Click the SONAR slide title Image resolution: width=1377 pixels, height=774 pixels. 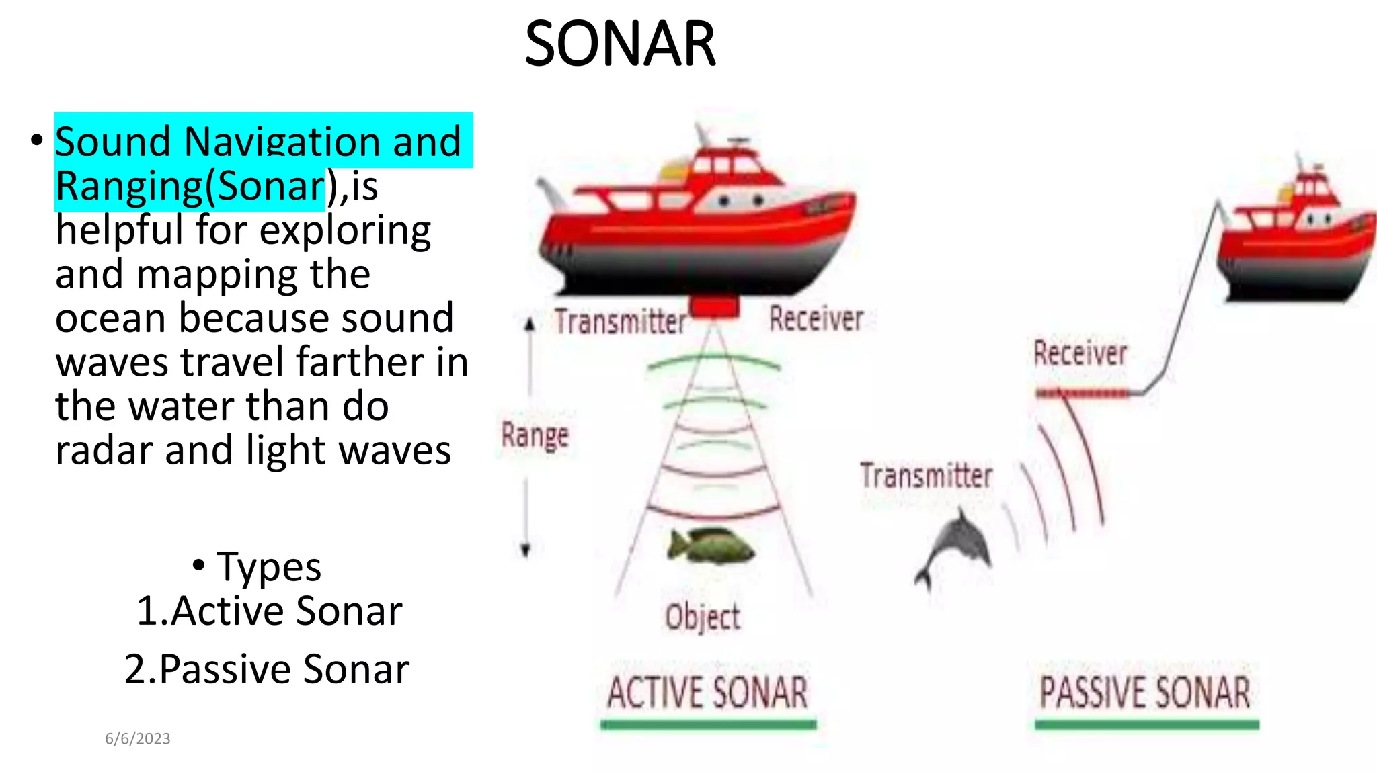coord(620,44)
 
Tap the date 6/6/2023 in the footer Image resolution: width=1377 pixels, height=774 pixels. coord(138,738)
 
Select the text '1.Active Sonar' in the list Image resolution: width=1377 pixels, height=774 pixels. coord(269,611)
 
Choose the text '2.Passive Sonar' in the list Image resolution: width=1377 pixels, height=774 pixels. coord(267,669)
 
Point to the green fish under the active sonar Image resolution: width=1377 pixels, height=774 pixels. coord(711,546)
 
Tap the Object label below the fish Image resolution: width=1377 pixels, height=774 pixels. coord(703,617)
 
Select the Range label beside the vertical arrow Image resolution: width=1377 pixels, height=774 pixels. coord(535,435)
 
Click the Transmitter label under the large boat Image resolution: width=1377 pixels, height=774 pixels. coord(620,321)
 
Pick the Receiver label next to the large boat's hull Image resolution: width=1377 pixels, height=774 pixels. coord(816,319)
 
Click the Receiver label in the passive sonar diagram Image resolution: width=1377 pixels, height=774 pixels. coord(1080,353)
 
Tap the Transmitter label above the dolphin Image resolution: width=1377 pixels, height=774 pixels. coord(926,476)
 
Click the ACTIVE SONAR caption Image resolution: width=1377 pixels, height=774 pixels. coord(707,693)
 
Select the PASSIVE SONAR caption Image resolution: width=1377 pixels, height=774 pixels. coord(1145,693)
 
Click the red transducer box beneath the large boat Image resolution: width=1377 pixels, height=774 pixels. coord(715,308)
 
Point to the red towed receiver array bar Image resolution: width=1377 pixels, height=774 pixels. coord(1083,393)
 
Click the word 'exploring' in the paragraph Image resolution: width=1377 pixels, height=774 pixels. coord(345,230)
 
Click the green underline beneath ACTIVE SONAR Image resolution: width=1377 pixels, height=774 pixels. coord(708,724)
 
